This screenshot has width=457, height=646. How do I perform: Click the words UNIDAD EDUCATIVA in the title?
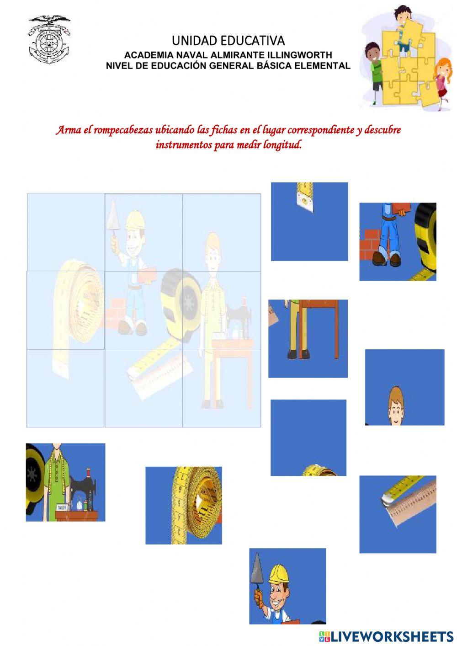tap(228, 41)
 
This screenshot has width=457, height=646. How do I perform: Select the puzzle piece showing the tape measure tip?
tap(309, 221)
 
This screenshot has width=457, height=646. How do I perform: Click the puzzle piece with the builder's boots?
tap(398, 241)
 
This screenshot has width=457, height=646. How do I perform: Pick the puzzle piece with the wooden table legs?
tap(308, 338)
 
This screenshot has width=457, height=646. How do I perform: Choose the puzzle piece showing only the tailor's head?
tap(404, 387)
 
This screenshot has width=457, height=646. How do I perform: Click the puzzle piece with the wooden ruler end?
tap(398, 514)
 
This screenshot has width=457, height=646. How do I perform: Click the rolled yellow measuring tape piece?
tap(184, 505)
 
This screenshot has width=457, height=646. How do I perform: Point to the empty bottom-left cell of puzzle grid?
tap(66, 388)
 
